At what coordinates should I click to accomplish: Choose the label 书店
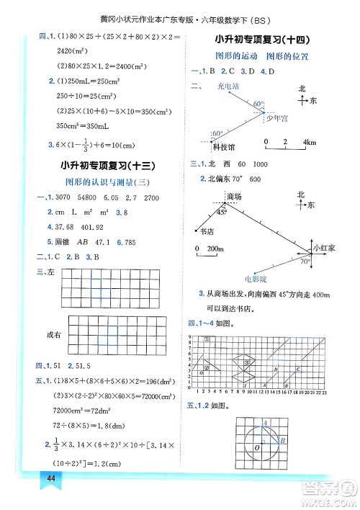[207, 232]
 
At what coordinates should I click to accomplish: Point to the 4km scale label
[310, 142]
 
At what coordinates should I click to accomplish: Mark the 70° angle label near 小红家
[306, 262]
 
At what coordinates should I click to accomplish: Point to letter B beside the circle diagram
[284, 439]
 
